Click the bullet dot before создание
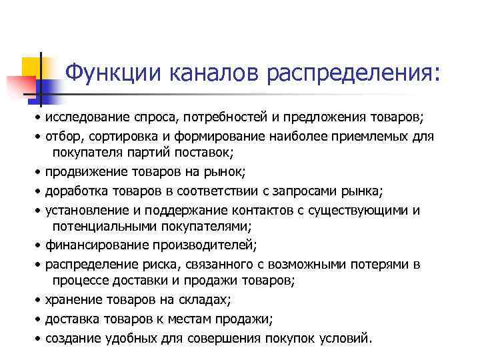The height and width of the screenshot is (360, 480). tap(39, 337)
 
